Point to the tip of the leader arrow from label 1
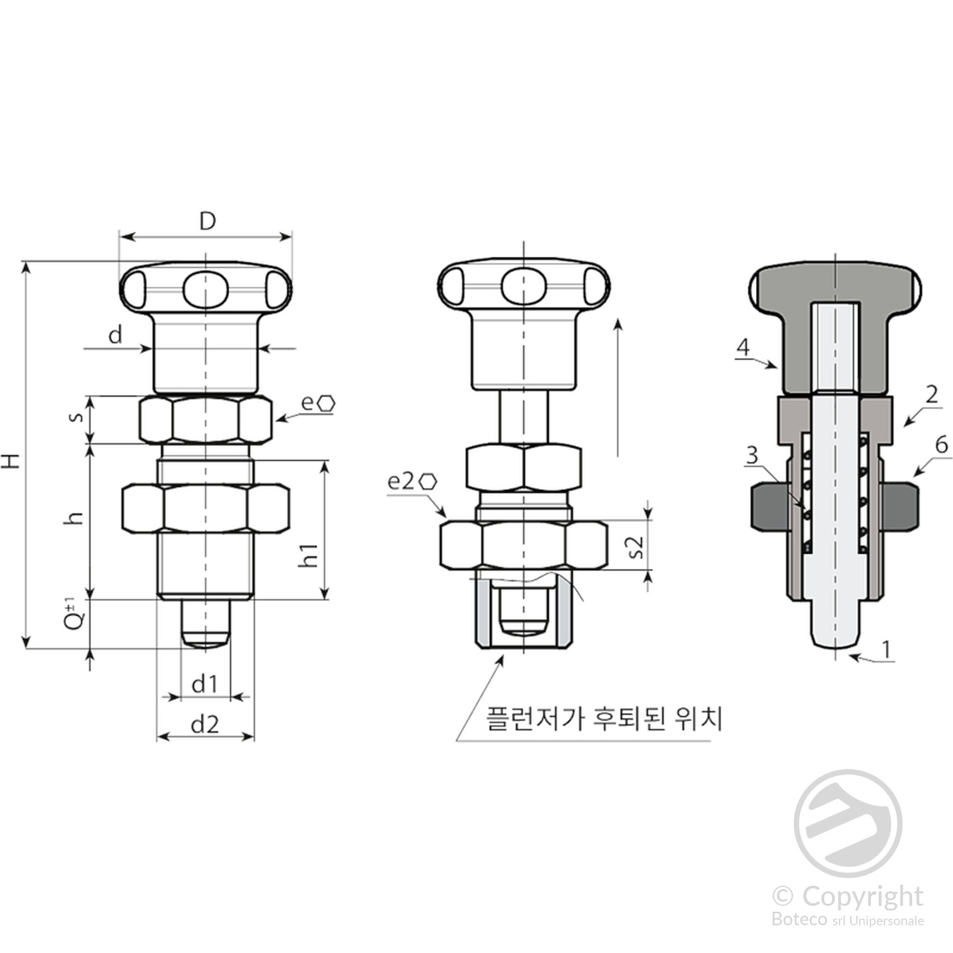pyautogui.click(x=849, y=656)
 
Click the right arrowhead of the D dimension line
pyautogui.click(x=291, y=237)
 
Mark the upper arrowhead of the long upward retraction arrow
pyautogui.click(x=618, y=319)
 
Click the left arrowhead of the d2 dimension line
pyautogui.click(x=158, y=737)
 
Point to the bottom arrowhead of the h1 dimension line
pyautogui.click(x=325, y=598)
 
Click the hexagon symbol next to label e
pyautogui.click(x=326, y=403)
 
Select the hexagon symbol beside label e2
pyautogui.click(x=428, y=481)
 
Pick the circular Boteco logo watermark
pyautogui.click(x=848, y=823)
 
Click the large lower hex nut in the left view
pyautogui.click(x=205, y=508)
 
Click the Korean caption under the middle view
pyautogui.click(x=604, y=719)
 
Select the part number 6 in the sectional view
pyautogui.click(x=941, y=444)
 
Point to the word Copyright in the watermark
pyautogui.click(x=862, y=898)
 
